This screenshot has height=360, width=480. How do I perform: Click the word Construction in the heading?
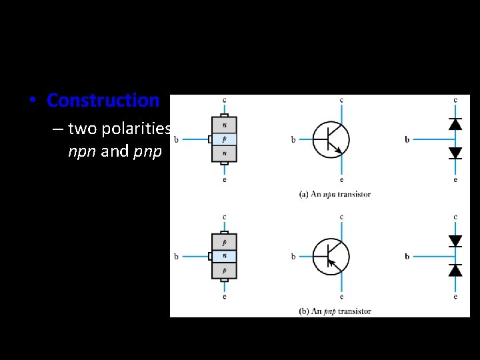pos(103,101)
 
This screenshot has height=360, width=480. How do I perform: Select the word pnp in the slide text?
pos(147,151)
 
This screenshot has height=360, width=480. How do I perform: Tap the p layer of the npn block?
pos(224,139)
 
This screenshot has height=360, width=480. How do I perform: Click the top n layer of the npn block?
pos(224,125)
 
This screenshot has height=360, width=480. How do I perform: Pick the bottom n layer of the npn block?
pos(224,154)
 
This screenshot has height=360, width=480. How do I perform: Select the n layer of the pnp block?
pos(224,255)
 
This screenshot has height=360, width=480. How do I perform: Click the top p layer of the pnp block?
pos(224,241)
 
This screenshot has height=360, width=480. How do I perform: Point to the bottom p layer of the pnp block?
pos(224,270)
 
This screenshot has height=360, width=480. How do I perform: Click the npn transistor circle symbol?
pos(331,139)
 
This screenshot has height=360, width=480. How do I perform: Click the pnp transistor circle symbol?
pos(331,256)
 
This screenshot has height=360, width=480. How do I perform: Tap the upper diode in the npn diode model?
pos(455,124)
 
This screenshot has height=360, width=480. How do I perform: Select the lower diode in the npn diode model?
pos(455,153)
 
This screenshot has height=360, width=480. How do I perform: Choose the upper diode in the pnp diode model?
pos(455,241)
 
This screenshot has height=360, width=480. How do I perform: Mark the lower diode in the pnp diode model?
pos(455,270)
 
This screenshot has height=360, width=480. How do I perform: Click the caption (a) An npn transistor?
pos(335,194)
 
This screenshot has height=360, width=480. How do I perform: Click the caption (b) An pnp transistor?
pos(335,311)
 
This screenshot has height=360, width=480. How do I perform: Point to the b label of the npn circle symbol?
pos(293,140)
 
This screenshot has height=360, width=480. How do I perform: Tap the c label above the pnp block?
pos(224,217)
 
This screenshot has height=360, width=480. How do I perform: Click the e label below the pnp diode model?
pos(455,296)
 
